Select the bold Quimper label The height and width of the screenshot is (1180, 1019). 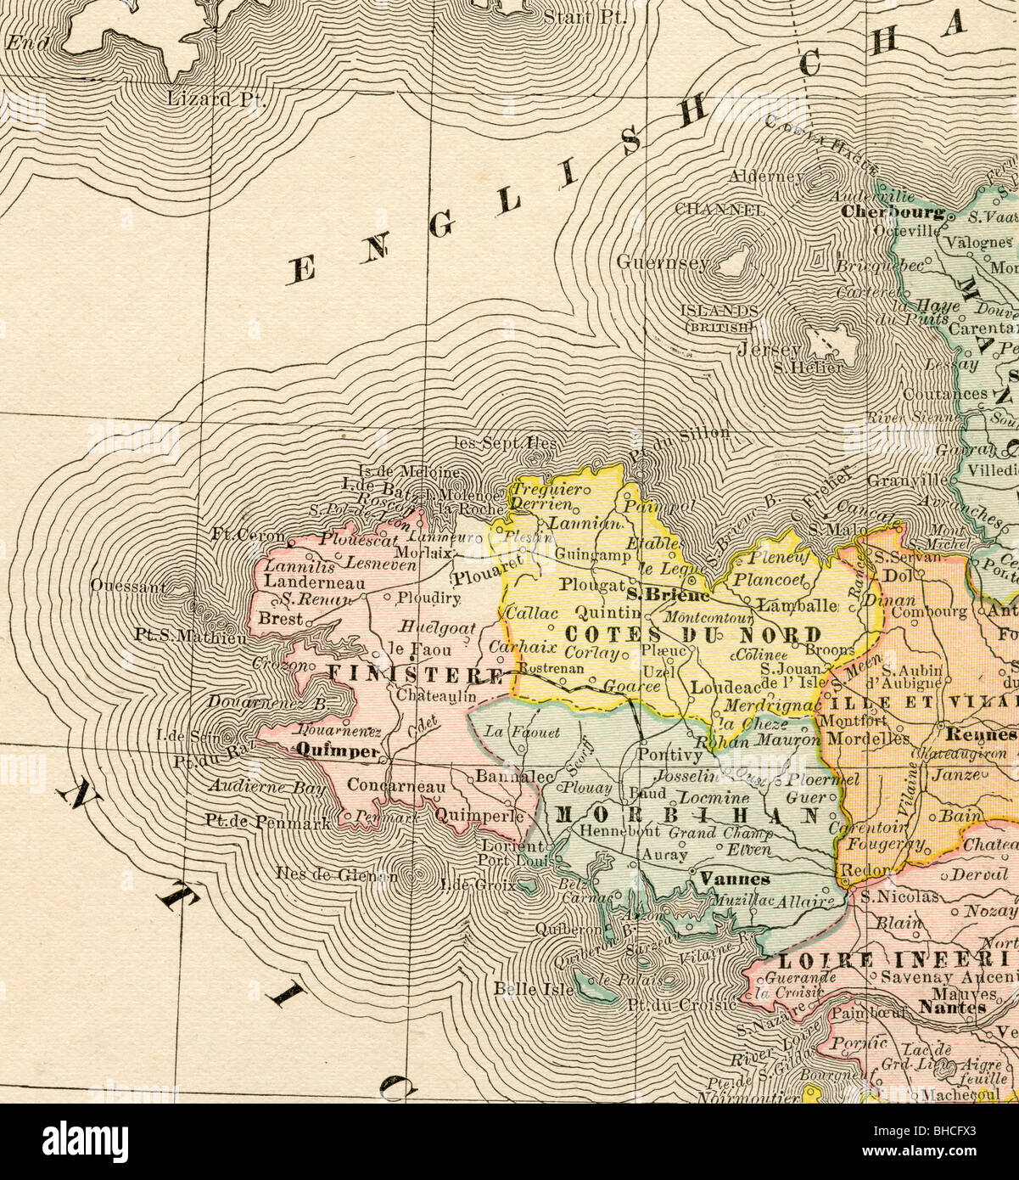337,750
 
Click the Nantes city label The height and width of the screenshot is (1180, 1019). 952,1008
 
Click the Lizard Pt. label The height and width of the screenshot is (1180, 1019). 216,98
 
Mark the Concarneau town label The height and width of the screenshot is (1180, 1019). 396,786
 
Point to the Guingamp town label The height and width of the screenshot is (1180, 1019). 593,555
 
